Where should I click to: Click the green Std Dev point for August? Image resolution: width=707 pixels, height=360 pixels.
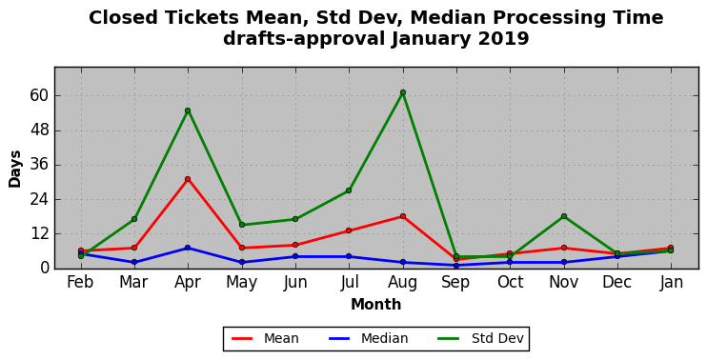tap(403, 92)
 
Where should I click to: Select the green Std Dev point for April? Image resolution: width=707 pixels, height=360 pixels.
tap(188, 110)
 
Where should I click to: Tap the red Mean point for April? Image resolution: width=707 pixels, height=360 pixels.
tap(188, 179)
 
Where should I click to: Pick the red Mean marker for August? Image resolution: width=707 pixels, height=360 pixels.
tap(403, 216)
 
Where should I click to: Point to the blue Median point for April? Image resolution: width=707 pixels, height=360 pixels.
tap(188, 248)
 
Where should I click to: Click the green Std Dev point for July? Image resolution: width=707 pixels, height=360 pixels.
tap(349, 190)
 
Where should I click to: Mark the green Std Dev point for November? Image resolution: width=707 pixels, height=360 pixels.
tap(564, 216)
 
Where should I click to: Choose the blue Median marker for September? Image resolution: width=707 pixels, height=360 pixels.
tap(456, 266)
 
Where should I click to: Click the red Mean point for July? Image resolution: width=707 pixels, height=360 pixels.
tap(349, 230)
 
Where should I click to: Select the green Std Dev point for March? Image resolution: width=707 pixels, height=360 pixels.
tap(134, 219)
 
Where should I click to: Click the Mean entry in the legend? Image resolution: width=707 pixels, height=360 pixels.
tap(265, 338)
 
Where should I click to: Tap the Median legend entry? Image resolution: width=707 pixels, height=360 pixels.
tap(368, 338)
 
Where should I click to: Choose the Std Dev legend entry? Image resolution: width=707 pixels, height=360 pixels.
tap(481, 338)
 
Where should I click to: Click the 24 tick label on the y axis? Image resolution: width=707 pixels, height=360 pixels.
tap(39, 199)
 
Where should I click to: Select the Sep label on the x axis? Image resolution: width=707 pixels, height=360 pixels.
tap(456, 283)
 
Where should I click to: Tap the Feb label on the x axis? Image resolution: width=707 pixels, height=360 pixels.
tap(80, 283)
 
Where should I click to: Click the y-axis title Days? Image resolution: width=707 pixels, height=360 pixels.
tap(15, 169)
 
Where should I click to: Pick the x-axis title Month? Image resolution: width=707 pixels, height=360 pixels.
tap(376, 305)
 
